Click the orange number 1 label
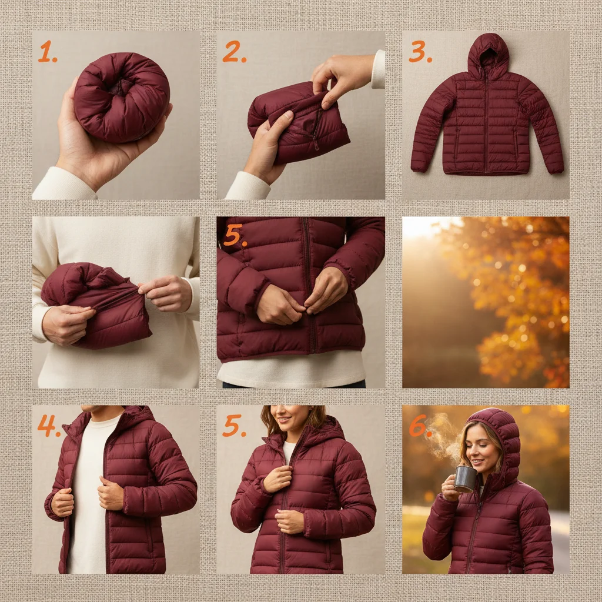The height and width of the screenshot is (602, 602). [x=47, y=52]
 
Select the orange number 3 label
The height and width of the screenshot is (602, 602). [x=419, y=52]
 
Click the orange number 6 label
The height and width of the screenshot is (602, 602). [x=419, y=427]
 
